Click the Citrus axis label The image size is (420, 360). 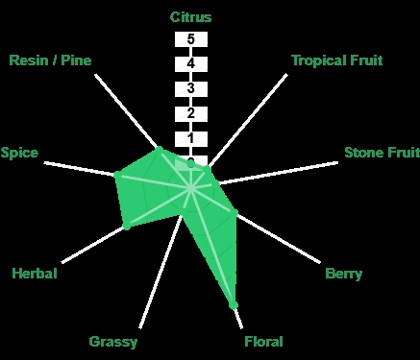click(190, 17)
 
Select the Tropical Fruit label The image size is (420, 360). click(337, 60)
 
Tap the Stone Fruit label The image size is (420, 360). click(382, 153)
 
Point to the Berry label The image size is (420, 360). click(343, 274)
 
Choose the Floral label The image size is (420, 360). click(263, 342)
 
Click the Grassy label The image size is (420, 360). click(113, 342)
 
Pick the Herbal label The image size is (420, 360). click(35, 274)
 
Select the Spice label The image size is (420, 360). click(19, 153)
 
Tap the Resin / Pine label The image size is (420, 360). click(50, 60)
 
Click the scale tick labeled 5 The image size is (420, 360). click(191, 39)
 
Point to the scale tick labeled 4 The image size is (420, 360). click(191, 64)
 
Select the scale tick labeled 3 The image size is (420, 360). click(191, 88)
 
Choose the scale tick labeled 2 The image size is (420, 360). click(191, 113)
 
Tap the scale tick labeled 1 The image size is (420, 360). click(191, 138)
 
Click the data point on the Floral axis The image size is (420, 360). click(234, 304)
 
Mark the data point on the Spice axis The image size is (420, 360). click(117, 175)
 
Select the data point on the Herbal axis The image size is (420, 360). click(127, 226)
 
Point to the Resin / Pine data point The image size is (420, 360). click(159, 149)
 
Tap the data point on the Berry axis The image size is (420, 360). click(235, 212)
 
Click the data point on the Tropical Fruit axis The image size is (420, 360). click(207, 169)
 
